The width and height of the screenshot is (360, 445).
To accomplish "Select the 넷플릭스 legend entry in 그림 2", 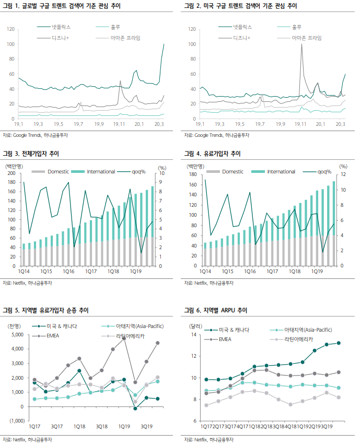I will (242, 26).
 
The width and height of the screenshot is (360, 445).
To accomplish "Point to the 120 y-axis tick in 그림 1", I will (11, 29).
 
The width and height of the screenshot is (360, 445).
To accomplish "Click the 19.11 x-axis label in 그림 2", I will (300, 124).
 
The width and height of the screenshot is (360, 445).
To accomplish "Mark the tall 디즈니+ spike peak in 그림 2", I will (301, 44).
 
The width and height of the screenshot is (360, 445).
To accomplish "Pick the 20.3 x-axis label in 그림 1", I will (159, 124).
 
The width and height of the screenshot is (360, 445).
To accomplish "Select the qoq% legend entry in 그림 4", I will (326, 172).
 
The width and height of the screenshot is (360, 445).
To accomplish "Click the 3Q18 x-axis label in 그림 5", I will (102, 427).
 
